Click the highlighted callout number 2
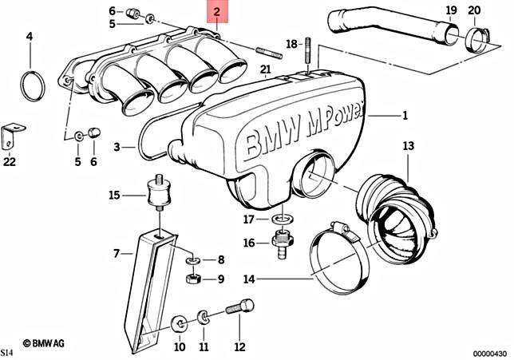[216, 14]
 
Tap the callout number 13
[409, 146]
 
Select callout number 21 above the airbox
[265, 69]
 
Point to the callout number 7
[117, 253]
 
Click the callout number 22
[9, 161]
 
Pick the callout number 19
[451, 10]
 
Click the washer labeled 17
[280, 218]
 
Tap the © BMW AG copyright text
[46, 342]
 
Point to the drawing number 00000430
[488, 352]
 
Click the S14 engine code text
[7, 352]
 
